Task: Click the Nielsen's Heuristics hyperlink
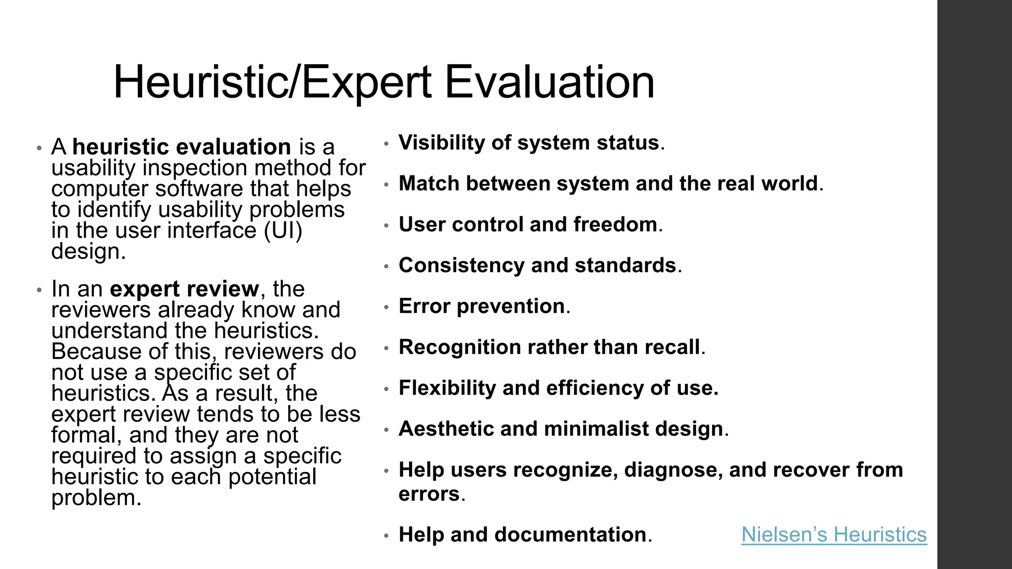[x=834, y=535]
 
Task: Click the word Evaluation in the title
[x=549, y=82]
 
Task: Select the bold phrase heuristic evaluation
[x=181, y=147]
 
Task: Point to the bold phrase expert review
[x=184, y=289]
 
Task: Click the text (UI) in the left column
[x=283, y=231]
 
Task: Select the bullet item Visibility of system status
[x=531, y=143]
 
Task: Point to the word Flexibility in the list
[x=447, y=388]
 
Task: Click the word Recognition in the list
[x=460, y=347]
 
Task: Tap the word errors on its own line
[x=429, y=494]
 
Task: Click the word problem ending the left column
[x=93, y=498]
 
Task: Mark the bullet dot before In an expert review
[x=40, y=290]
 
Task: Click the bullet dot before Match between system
[x=387, y=185]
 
